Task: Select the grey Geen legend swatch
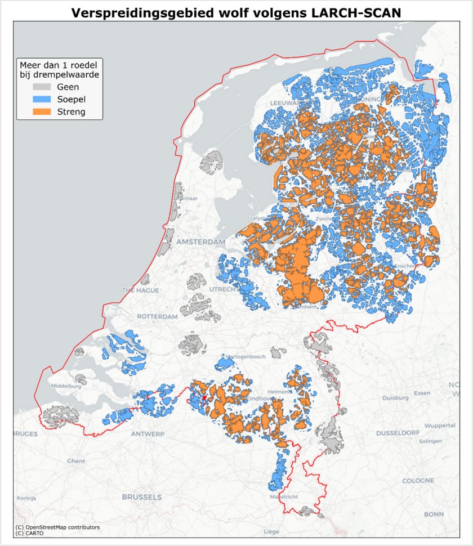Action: tap(42, 87)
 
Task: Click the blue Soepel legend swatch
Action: tap(42, 100)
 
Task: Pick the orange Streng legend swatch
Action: tap(42, 112)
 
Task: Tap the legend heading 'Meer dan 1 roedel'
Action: tap(59, 65)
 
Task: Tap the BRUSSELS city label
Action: tap(142, 497)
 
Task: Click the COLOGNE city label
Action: tap(417, 481)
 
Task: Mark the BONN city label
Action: tap(434, 514)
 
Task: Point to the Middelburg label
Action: tap(66, 386)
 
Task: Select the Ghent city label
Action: tap(76, 460)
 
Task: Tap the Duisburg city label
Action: tap(396, 397)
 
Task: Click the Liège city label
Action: tap(271, 531)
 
